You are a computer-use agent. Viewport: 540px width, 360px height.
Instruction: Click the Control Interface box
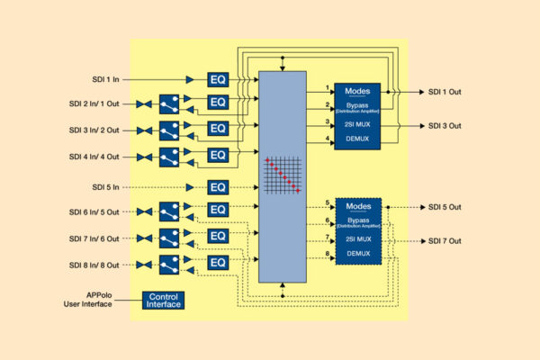[164, 300]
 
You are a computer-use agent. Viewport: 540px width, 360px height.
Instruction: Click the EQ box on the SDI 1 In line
[219, 79]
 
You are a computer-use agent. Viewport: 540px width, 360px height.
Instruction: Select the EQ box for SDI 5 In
[219, 187]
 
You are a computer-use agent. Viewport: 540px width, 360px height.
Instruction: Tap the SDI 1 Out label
[444, 92]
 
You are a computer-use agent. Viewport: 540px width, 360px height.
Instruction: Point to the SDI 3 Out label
[444, 126]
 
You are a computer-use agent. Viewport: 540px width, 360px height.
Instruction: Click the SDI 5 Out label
[444, 207]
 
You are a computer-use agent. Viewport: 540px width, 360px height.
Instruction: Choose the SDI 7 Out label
[444, 241]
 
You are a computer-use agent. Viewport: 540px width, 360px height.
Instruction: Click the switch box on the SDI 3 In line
[167, 130]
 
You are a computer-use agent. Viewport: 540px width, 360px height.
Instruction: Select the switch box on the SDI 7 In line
[167, 238]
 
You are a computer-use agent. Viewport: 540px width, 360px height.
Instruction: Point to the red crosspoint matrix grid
[282, 175]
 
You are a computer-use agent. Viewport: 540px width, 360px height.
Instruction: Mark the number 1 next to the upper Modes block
[328, 87]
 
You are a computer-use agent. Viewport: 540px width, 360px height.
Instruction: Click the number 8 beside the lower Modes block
[328, 256]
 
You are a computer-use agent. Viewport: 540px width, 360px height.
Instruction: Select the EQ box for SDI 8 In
[219, 264]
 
